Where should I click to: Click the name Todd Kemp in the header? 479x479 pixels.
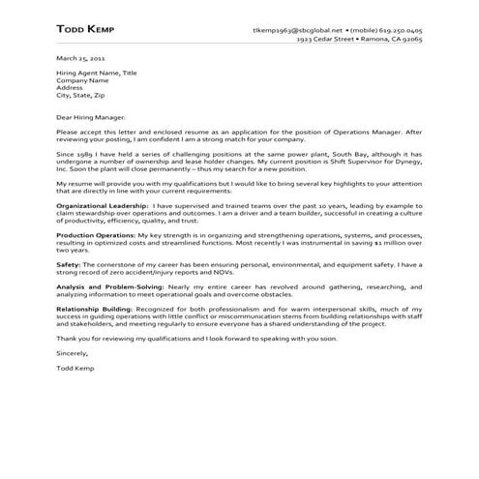[x=86, y=31]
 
